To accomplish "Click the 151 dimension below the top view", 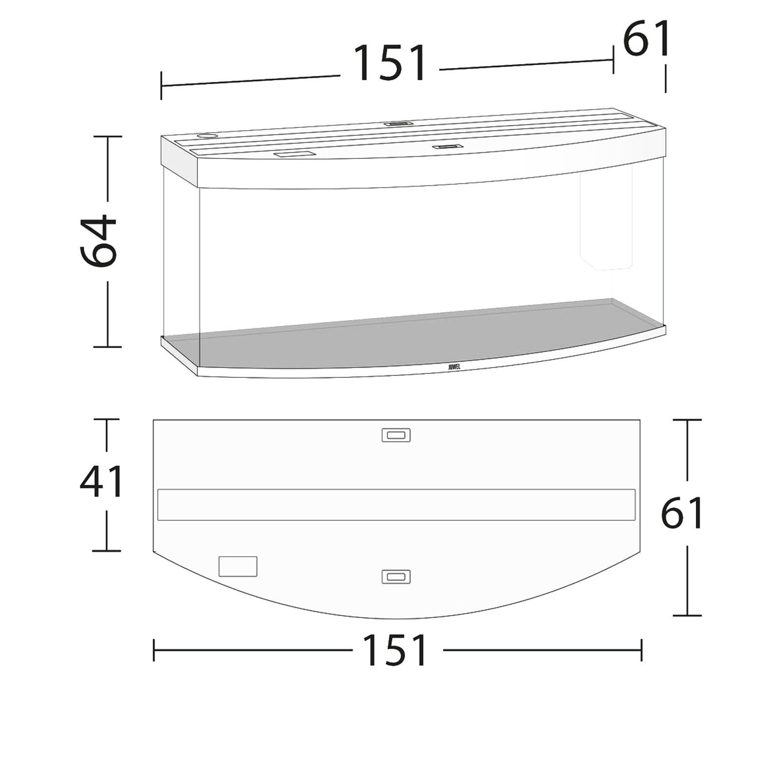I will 394,650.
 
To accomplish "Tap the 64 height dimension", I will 99,242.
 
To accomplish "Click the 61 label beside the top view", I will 682,513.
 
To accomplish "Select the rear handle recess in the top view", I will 396,435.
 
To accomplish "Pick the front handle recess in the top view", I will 396,577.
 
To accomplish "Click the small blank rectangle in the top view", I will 238,566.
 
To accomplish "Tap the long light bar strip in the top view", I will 396,505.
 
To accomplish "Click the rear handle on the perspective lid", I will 398,124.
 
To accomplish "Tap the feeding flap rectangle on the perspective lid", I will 293,155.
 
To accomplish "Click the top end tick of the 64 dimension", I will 107,137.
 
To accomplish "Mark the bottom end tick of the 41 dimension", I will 106,551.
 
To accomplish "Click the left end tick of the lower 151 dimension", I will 154,650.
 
